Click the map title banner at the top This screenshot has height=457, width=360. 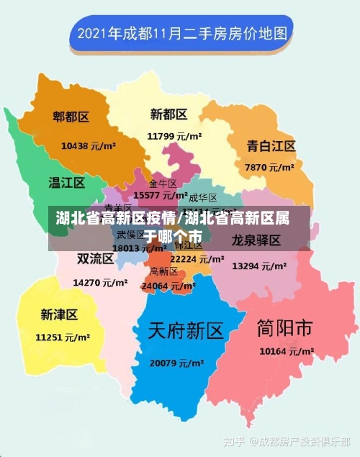coord(181,33)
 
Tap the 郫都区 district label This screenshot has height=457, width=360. coord(71,117)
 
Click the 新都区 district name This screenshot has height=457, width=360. coord(169,114)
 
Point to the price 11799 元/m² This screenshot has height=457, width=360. coord(174,135)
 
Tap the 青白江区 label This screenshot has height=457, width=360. coord(271,146)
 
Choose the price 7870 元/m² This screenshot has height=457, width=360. coord(269,167)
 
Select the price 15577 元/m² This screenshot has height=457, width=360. coord(161,195)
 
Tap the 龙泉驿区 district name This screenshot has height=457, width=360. coord(256,240)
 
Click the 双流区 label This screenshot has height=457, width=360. coord(96,258)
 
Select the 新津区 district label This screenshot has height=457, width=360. coord(59,315)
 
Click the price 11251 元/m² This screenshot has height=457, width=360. coord(63,337)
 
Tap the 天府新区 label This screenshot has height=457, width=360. coord(186,331)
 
